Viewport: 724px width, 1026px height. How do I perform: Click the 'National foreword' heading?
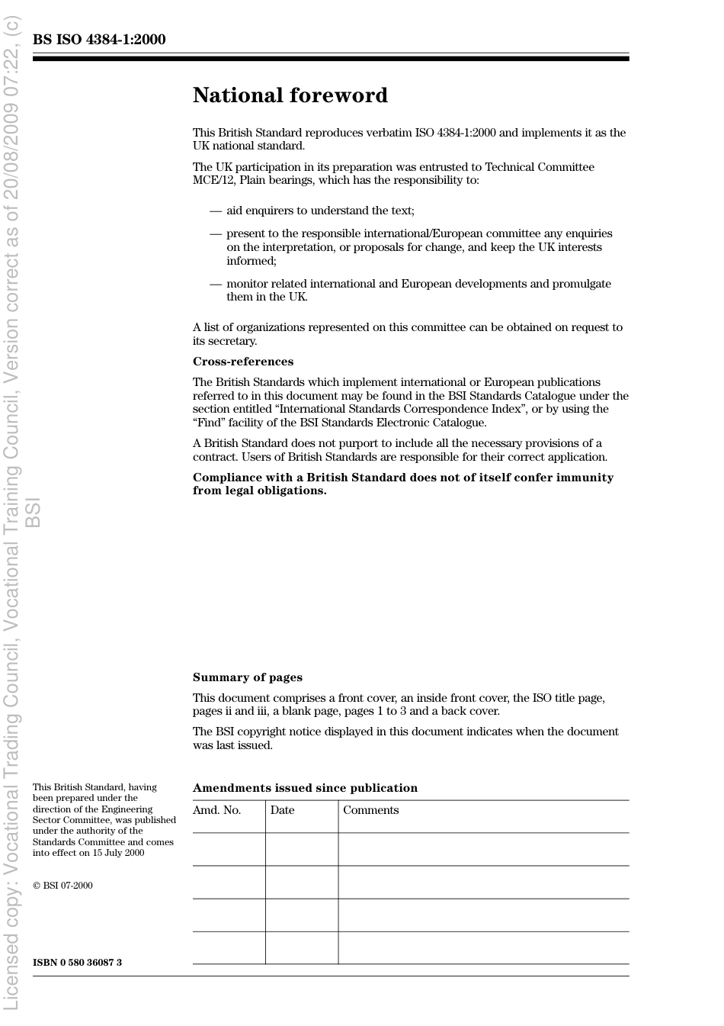290,95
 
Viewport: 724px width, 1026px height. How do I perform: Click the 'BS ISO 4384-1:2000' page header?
99,40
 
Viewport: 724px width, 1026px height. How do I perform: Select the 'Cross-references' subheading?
242,362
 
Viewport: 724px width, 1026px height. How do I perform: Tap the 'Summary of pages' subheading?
247,677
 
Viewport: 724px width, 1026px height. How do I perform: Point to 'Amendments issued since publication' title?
305,788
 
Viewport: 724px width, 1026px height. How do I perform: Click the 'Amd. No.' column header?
216,810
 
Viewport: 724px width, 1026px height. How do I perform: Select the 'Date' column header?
282,810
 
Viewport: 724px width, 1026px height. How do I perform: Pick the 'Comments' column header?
370,810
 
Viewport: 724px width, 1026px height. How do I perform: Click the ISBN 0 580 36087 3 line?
77,963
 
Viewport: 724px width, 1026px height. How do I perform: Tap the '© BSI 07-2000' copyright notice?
62,886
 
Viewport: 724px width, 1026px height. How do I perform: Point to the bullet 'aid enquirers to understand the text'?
320,211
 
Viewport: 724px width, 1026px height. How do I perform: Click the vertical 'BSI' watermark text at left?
33,512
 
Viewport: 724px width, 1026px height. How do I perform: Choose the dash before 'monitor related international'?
216,284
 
